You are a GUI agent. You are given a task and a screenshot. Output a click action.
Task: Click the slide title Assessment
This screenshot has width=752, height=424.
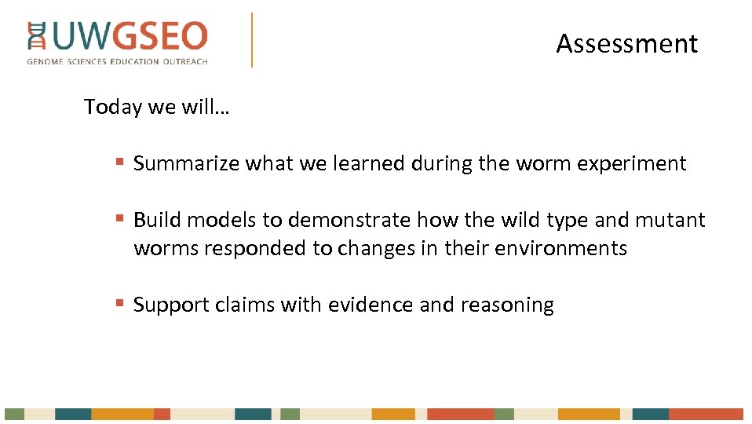[626, 44]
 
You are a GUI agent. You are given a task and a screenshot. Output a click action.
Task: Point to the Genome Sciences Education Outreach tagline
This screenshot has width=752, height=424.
[117, 61]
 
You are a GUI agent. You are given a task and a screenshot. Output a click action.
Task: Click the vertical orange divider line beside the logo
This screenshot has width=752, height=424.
[252, 39]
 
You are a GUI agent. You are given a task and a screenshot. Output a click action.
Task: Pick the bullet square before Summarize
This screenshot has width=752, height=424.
[119, 163]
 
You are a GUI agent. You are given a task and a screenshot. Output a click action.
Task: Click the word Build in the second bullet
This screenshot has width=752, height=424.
[157, 220]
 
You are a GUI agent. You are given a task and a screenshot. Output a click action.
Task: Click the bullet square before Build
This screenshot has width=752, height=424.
[119, 218]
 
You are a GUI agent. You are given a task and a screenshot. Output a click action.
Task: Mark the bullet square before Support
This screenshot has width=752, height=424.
[119, 303]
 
